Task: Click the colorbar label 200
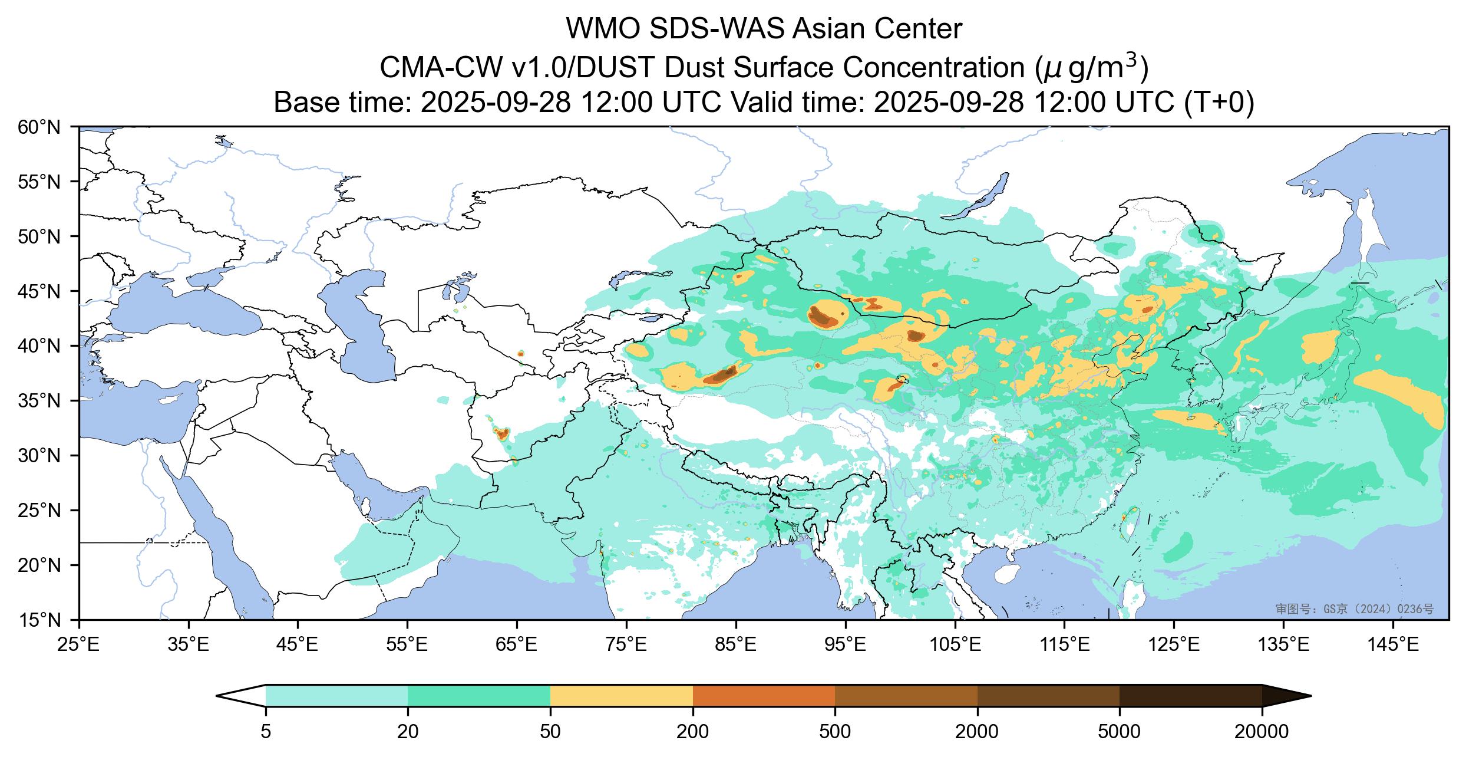pyautogui.click(x=692, y=732)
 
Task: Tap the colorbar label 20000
pyautogui.click(x=1262, y=732)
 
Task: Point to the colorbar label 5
pyautogui.click(x=266, y=732)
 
